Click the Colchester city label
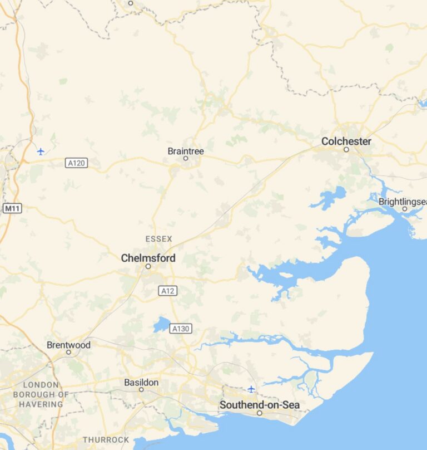pos(346,141)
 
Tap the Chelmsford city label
pos(148,258)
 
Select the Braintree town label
pos(186,151)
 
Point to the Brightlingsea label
pos(403,201)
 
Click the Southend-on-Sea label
pos(259,405)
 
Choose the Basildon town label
pos(141,383)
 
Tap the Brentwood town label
pos(68,345)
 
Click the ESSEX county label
pos(159,239)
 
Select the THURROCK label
pos(106,440)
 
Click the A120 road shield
pos(76,163)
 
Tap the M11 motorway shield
pos(12,208)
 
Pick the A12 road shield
pos(167,291)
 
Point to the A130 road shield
pos(181,329)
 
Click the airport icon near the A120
pos(41,151)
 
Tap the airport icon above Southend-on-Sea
pos(251,389)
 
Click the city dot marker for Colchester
pos(346,150)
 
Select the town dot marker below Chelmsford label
pos(148,266)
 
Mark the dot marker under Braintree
pos(186,158)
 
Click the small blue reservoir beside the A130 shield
pos(161,325)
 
